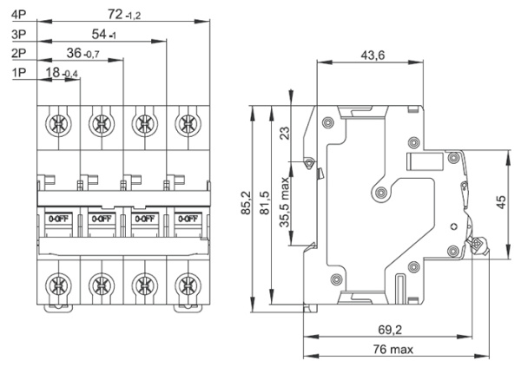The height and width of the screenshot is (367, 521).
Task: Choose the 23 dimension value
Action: (284, 133)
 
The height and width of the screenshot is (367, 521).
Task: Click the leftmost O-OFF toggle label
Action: (59, 219)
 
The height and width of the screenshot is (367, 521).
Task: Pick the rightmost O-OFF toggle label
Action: (185, 219)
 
